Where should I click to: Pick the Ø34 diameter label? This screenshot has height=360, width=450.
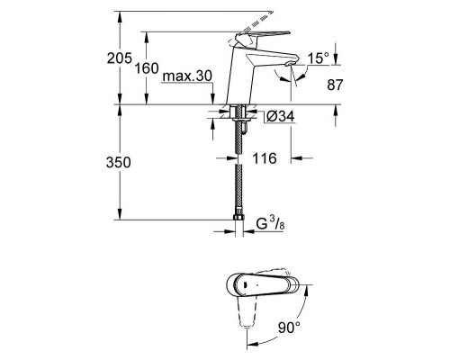coord(278,115)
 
